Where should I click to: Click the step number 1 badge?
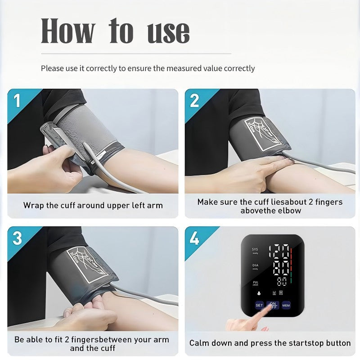[x=17, y=100]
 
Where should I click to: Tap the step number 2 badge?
[x=194, y=100]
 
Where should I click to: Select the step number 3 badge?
[x=17, y=238]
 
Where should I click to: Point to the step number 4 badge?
[x=194, y=238]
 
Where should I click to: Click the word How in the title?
[x=68, y=31]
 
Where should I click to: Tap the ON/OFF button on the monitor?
[x=272, y=305]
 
